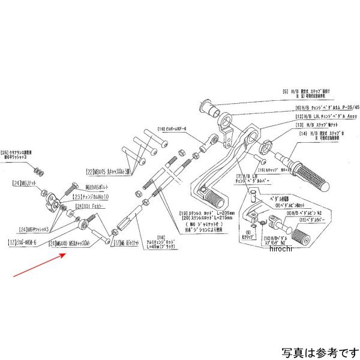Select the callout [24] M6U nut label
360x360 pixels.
tap(25, 182)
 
